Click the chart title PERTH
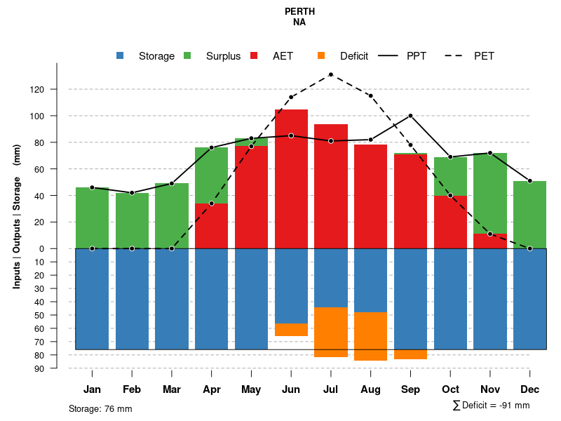(299, 11)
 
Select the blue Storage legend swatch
(121, 56)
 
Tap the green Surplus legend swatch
(187, 56)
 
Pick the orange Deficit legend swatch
(321, 56)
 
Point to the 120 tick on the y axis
(56, 90)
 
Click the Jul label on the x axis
(331, 389)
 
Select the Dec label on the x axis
(529, 389)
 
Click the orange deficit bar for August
(371, 336)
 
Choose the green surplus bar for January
(92, 218)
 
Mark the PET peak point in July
(331, 74)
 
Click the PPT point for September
(410, 115)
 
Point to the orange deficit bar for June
(291, 330)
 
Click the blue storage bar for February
(132, 298)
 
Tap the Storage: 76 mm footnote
(100, 408)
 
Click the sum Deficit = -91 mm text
(491, 406)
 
